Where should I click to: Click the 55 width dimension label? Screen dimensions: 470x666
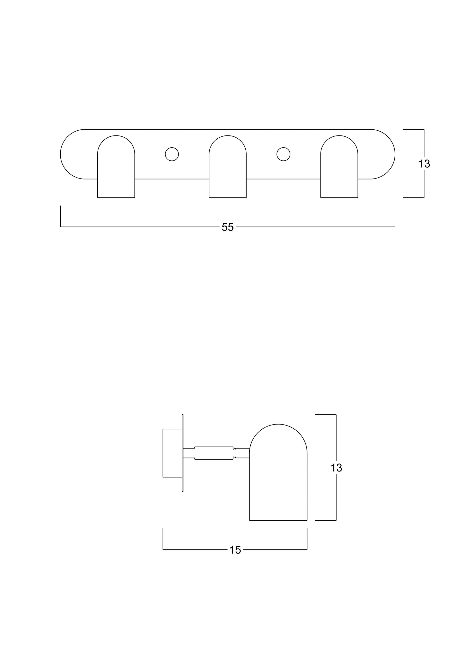[x=227, y=227]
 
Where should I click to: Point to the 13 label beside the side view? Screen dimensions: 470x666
[x=336, y=468]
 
